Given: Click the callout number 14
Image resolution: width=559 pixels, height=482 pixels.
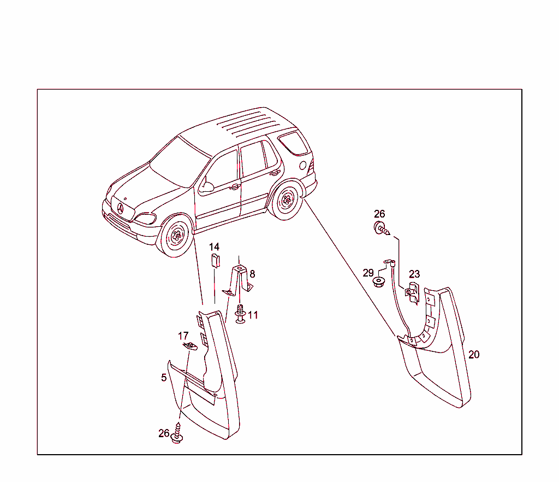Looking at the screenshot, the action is pos(214,247).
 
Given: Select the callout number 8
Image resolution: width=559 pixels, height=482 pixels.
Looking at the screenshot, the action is pos(252,274).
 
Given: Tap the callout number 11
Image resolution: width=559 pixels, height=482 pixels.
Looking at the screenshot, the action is pos(253,315).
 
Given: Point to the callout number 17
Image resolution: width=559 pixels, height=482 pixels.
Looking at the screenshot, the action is pos(183,336).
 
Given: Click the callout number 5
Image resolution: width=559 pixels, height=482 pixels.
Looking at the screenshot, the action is pos(164,378).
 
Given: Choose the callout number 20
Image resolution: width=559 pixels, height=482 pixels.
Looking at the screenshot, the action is pos(474,355).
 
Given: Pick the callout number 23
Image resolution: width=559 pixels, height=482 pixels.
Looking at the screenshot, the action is pos(414,274).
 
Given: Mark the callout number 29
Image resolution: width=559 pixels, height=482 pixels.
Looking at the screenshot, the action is pos(368,273).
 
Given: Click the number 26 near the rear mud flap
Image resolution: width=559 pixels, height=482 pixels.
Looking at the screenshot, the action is pos(379,214).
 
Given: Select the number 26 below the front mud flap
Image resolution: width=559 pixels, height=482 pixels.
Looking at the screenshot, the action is pos(164,433).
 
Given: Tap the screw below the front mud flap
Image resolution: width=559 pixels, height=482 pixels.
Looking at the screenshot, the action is pos(177,433).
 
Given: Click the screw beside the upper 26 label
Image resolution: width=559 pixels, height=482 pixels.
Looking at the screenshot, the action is pos(382,228).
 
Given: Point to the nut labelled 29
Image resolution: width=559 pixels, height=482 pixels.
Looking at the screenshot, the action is pos(379,282).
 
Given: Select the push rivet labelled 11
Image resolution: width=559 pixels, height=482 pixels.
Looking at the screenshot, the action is pos(241,314).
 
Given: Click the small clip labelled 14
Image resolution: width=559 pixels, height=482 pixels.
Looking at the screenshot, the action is pos(215,261).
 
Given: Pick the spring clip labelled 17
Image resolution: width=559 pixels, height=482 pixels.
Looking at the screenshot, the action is pos(189,346).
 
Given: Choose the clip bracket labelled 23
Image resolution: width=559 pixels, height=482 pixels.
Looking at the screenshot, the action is pos(413,292).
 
